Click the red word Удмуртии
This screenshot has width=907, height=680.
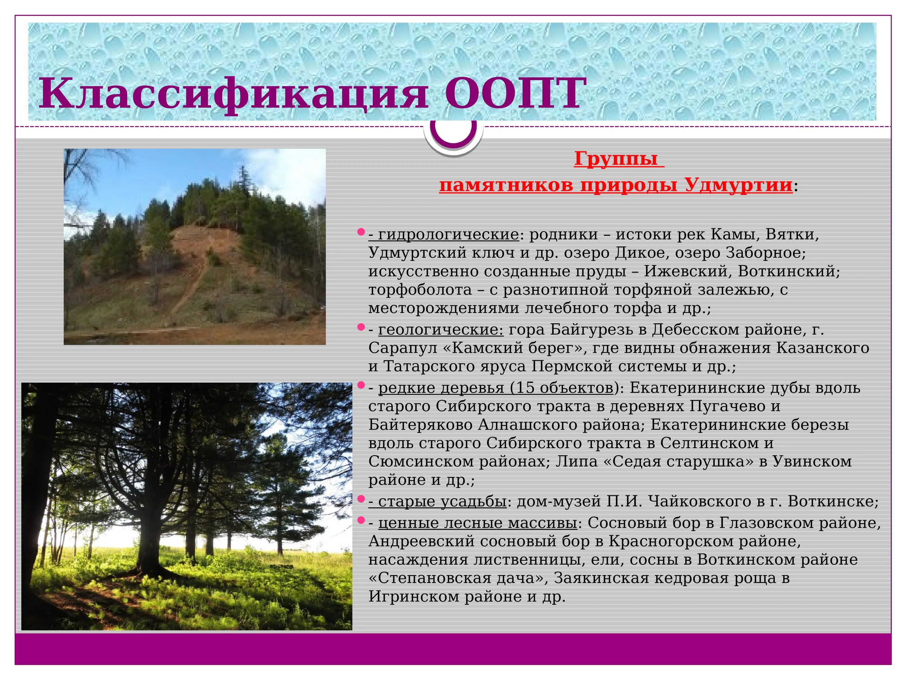(738, 185)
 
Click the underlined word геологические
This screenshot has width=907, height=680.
(440, 329)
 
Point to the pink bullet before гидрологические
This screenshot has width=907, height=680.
(361, 232)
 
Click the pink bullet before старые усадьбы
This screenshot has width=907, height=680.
(361, 499)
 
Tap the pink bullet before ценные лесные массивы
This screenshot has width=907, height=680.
(361, 520)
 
